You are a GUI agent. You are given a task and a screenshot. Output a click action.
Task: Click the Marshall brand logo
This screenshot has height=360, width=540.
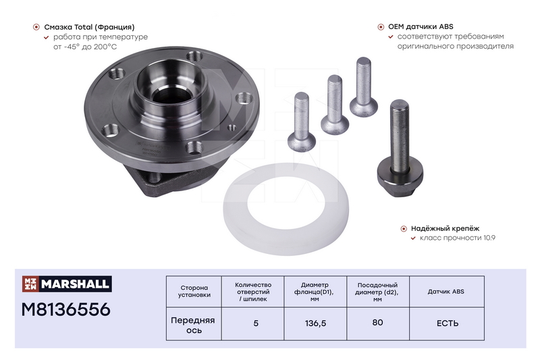(67, 284)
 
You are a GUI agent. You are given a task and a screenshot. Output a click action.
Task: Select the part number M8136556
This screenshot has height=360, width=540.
(65, 309)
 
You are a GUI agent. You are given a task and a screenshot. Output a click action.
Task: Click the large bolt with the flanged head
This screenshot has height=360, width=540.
(400, 148)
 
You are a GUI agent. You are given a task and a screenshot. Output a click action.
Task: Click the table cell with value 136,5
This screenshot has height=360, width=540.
(315, 324)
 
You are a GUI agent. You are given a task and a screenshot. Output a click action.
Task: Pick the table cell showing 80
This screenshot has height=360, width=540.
(378, 323)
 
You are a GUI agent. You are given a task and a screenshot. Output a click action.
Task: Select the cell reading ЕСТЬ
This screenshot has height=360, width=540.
(447, 324)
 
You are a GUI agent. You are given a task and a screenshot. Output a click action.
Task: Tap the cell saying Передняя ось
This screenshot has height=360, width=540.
(194, 325)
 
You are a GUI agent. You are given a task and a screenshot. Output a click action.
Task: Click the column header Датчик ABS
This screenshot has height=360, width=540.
(446, 292)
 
